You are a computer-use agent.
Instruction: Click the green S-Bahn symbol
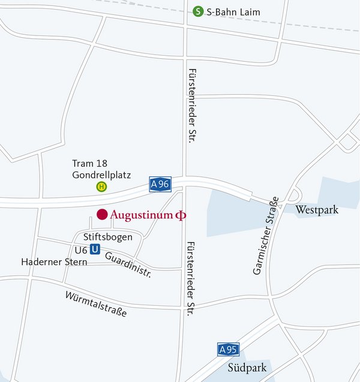click(197, 11)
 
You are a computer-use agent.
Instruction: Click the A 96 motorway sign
click(160, 185)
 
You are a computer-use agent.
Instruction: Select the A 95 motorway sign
click(229, 350)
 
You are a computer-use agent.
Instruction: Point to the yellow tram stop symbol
click(101, 187)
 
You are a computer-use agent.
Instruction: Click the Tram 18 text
click(89, 164)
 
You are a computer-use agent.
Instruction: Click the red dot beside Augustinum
click(102, 214)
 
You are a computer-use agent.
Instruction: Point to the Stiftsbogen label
click(108, 237)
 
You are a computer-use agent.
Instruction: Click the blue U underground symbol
click(95, 250)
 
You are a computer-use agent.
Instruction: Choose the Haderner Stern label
click(54, 262)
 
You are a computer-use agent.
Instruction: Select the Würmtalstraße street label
click(96, 305)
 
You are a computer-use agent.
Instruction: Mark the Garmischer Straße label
click(266, 236)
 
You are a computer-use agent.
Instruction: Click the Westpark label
click(317, 210)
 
